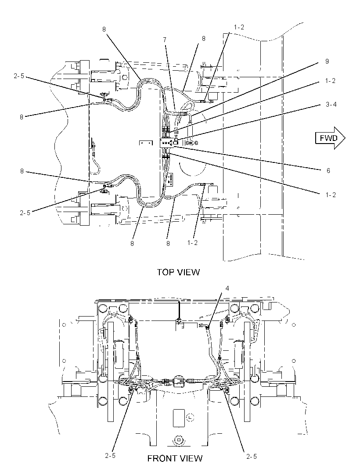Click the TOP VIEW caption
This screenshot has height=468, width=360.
point(178,272)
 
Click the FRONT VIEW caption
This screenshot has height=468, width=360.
point(175,458)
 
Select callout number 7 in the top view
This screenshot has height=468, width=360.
point(165,40)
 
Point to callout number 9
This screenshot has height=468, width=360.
point(327,61)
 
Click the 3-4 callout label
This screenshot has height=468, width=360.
point(331,104)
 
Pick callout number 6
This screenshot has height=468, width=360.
point(328,171)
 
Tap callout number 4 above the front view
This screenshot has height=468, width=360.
point(227,288)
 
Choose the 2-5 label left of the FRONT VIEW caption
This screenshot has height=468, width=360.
point(110,456)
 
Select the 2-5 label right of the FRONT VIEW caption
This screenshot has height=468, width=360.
point(252,456)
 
